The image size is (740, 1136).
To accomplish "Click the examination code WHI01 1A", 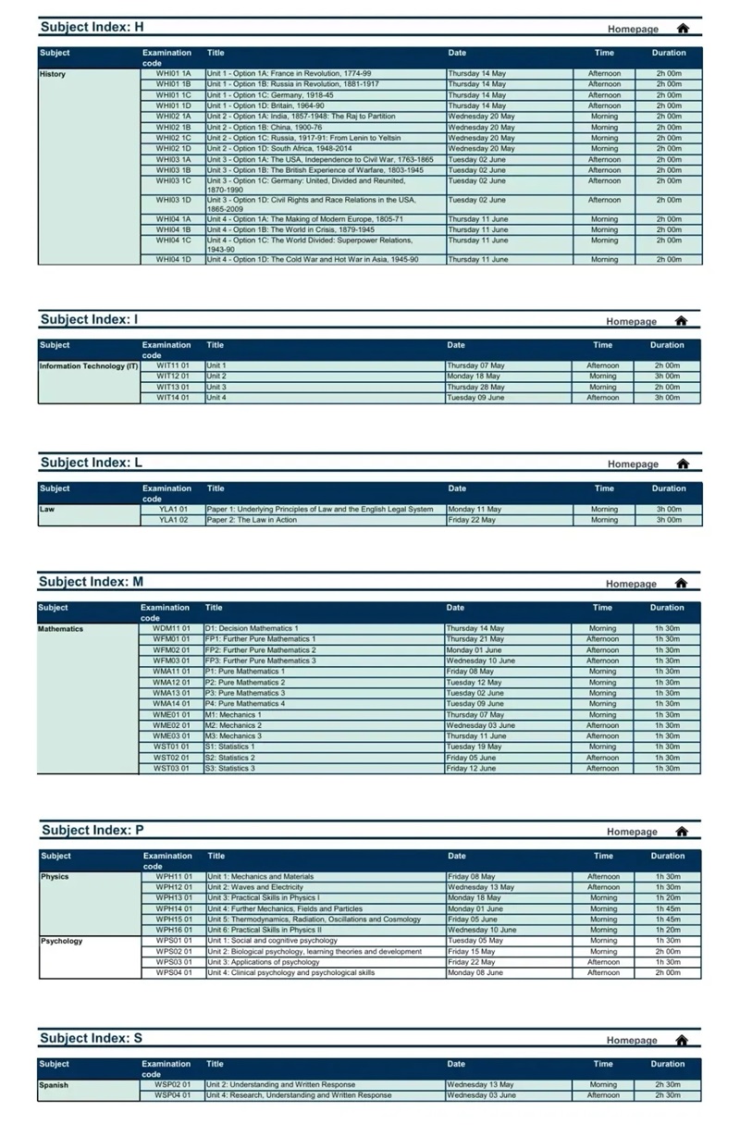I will [x=173, y=73].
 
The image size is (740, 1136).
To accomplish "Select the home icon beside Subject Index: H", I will [x=683, y=29].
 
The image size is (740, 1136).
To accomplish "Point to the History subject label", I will [x=53, y=74].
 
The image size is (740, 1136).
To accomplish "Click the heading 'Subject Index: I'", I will [x=89, y=319].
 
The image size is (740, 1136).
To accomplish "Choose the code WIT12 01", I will [x=172, y=377].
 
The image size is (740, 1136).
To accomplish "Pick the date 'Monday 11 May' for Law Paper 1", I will [x=475, y=509].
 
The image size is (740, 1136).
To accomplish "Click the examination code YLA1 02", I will [x=173, y=520].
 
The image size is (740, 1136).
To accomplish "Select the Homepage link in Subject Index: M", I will [x=631, y=584].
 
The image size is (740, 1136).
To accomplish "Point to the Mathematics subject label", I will [x=60, y=629].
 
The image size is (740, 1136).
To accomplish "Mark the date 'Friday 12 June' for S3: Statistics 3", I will [x=471, y=768].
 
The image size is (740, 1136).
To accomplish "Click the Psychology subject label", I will [x=61, y=941].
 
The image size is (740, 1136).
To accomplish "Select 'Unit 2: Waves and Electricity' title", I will [x=255, y=887].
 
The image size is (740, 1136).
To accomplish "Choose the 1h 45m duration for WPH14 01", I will [x=668, y=908].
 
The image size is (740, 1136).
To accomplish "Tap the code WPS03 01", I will [x=174, y=962].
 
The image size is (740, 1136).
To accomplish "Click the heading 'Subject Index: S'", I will [x=91, y=1038].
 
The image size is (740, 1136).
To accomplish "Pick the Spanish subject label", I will [x=54, y=1085].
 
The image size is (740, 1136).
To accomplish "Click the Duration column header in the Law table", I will [x=668, y=488].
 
